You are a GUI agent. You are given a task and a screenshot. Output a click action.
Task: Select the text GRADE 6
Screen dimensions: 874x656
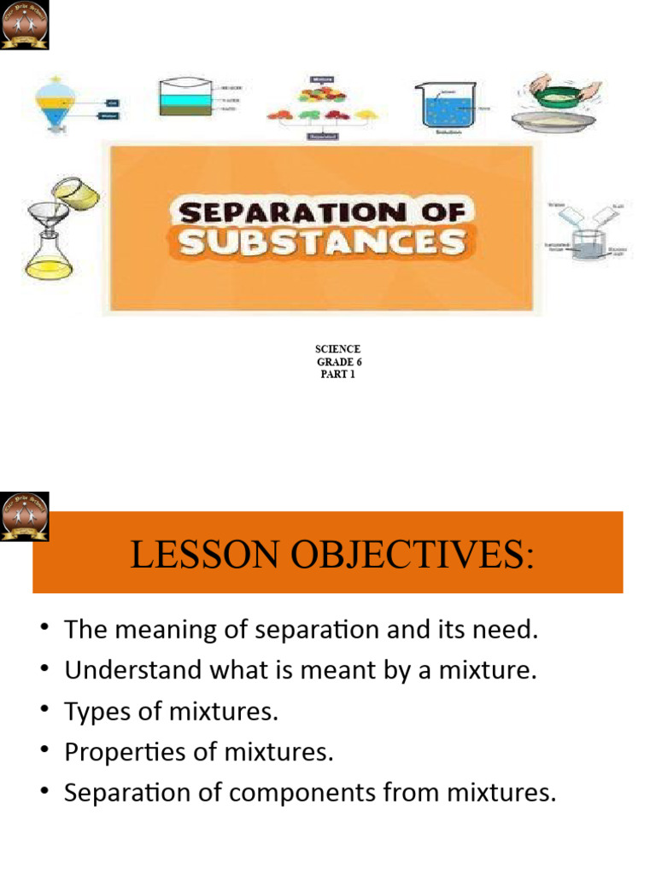339,362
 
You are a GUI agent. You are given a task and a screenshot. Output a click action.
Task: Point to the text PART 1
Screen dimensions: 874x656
338,374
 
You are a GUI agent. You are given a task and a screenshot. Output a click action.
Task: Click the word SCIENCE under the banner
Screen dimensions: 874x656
338,349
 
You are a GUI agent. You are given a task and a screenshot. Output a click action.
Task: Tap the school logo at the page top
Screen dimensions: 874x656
25,25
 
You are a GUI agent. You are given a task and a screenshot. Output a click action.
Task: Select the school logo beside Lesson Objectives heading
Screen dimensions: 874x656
25,516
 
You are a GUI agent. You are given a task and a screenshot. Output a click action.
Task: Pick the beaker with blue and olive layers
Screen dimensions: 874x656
186,98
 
